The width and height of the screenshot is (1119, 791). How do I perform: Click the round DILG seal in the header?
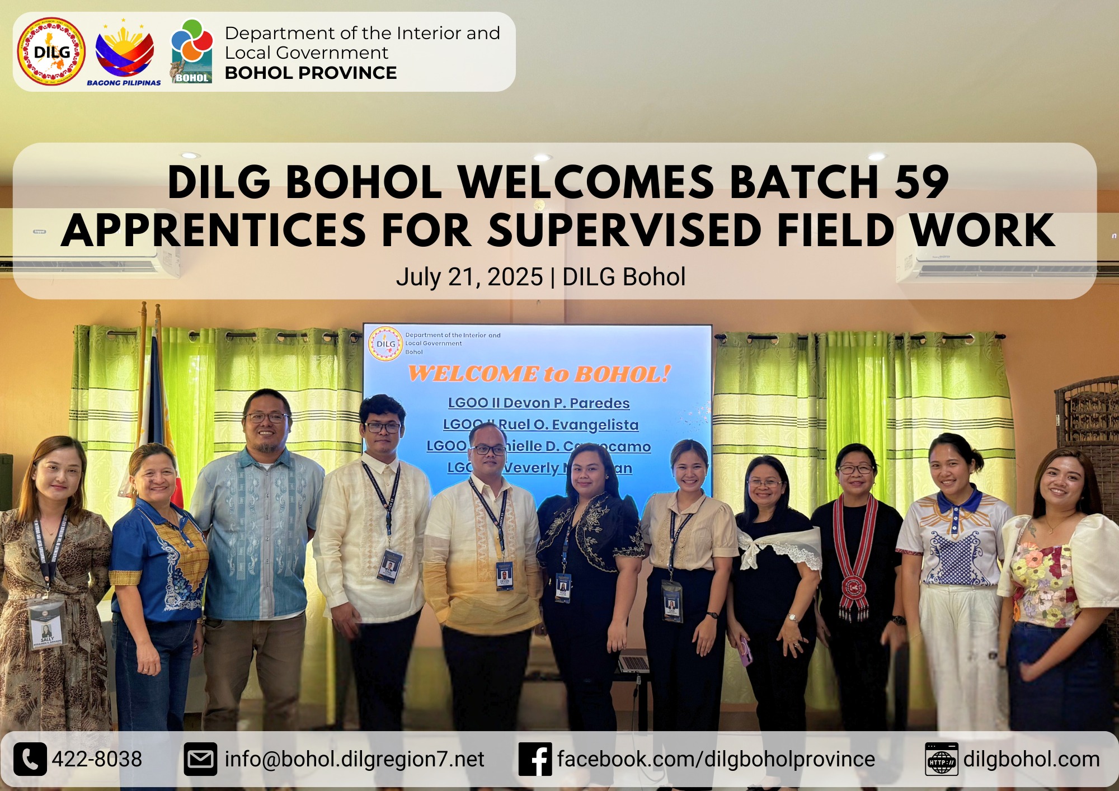[x=51, y=51]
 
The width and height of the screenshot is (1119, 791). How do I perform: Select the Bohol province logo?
[x=192, y=51]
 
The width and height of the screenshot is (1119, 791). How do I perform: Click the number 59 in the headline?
[x=921, y=182]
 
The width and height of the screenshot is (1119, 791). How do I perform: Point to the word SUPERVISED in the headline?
[x=624, y=230]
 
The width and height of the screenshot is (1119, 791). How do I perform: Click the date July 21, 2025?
[x=469, y=277]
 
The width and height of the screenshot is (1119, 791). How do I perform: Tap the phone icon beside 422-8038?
[x=30, y=759]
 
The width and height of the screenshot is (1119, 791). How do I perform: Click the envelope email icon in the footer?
[x=200, y=759]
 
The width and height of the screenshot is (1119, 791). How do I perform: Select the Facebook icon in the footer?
[x=535, y=759]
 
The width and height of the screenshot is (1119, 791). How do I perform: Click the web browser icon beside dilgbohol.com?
[x=941, y=759]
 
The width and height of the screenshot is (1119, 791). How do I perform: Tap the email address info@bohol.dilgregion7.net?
[x=354, y=759]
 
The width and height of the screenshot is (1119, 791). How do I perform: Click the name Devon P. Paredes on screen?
[x=566, y=403]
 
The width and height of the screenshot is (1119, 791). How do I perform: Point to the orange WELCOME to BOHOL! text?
[x=539, y=374]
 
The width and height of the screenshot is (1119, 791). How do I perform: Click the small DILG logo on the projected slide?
[x=385, y=343]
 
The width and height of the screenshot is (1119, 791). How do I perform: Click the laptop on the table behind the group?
[x=634, y=663]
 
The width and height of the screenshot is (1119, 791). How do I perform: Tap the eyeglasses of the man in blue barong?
[x=267, y=417]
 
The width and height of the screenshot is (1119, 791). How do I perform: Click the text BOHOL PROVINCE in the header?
[x=311, y=73]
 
